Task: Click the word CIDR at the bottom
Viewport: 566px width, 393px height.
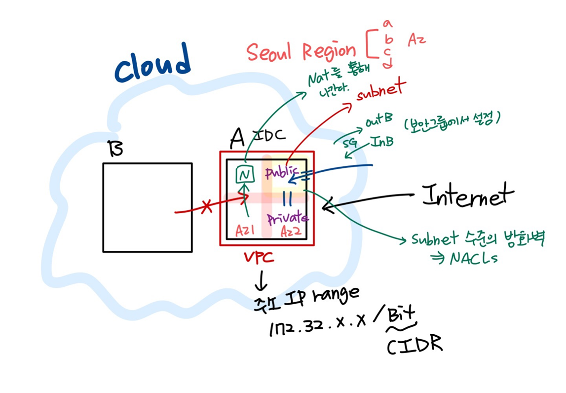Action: pyautogui.click(x=414, y=345)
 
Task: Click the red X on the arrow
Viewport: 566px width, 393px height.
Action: pyautogui.click(x=207, y=207)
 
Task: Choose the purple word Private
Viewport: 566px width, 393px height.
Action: pyautogui.click(x=288, y=218)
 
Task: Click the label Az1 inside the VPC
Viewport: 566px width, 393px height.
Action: pyautogui.click(x=244, y=231)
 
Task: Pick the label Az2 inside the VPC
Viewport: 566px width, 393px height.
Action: pyautogui.click(x=291, y=231)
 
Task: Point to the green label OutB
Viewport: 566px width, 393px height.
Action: pyautogui.click(x=379, y=119)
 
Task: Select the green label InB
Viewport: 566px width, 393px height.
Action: pyautogui.click(x=382, y=143)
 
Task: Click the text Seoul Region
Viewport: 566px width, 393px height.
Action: pyautogui.click(x=301, y=51)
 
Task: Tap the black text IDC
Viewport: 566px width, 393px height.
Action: pyautogui.click(x=267, y=135)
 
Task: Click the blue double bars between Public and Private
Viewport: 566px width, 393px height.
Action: pyautogui.click(x=287, y=198)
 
